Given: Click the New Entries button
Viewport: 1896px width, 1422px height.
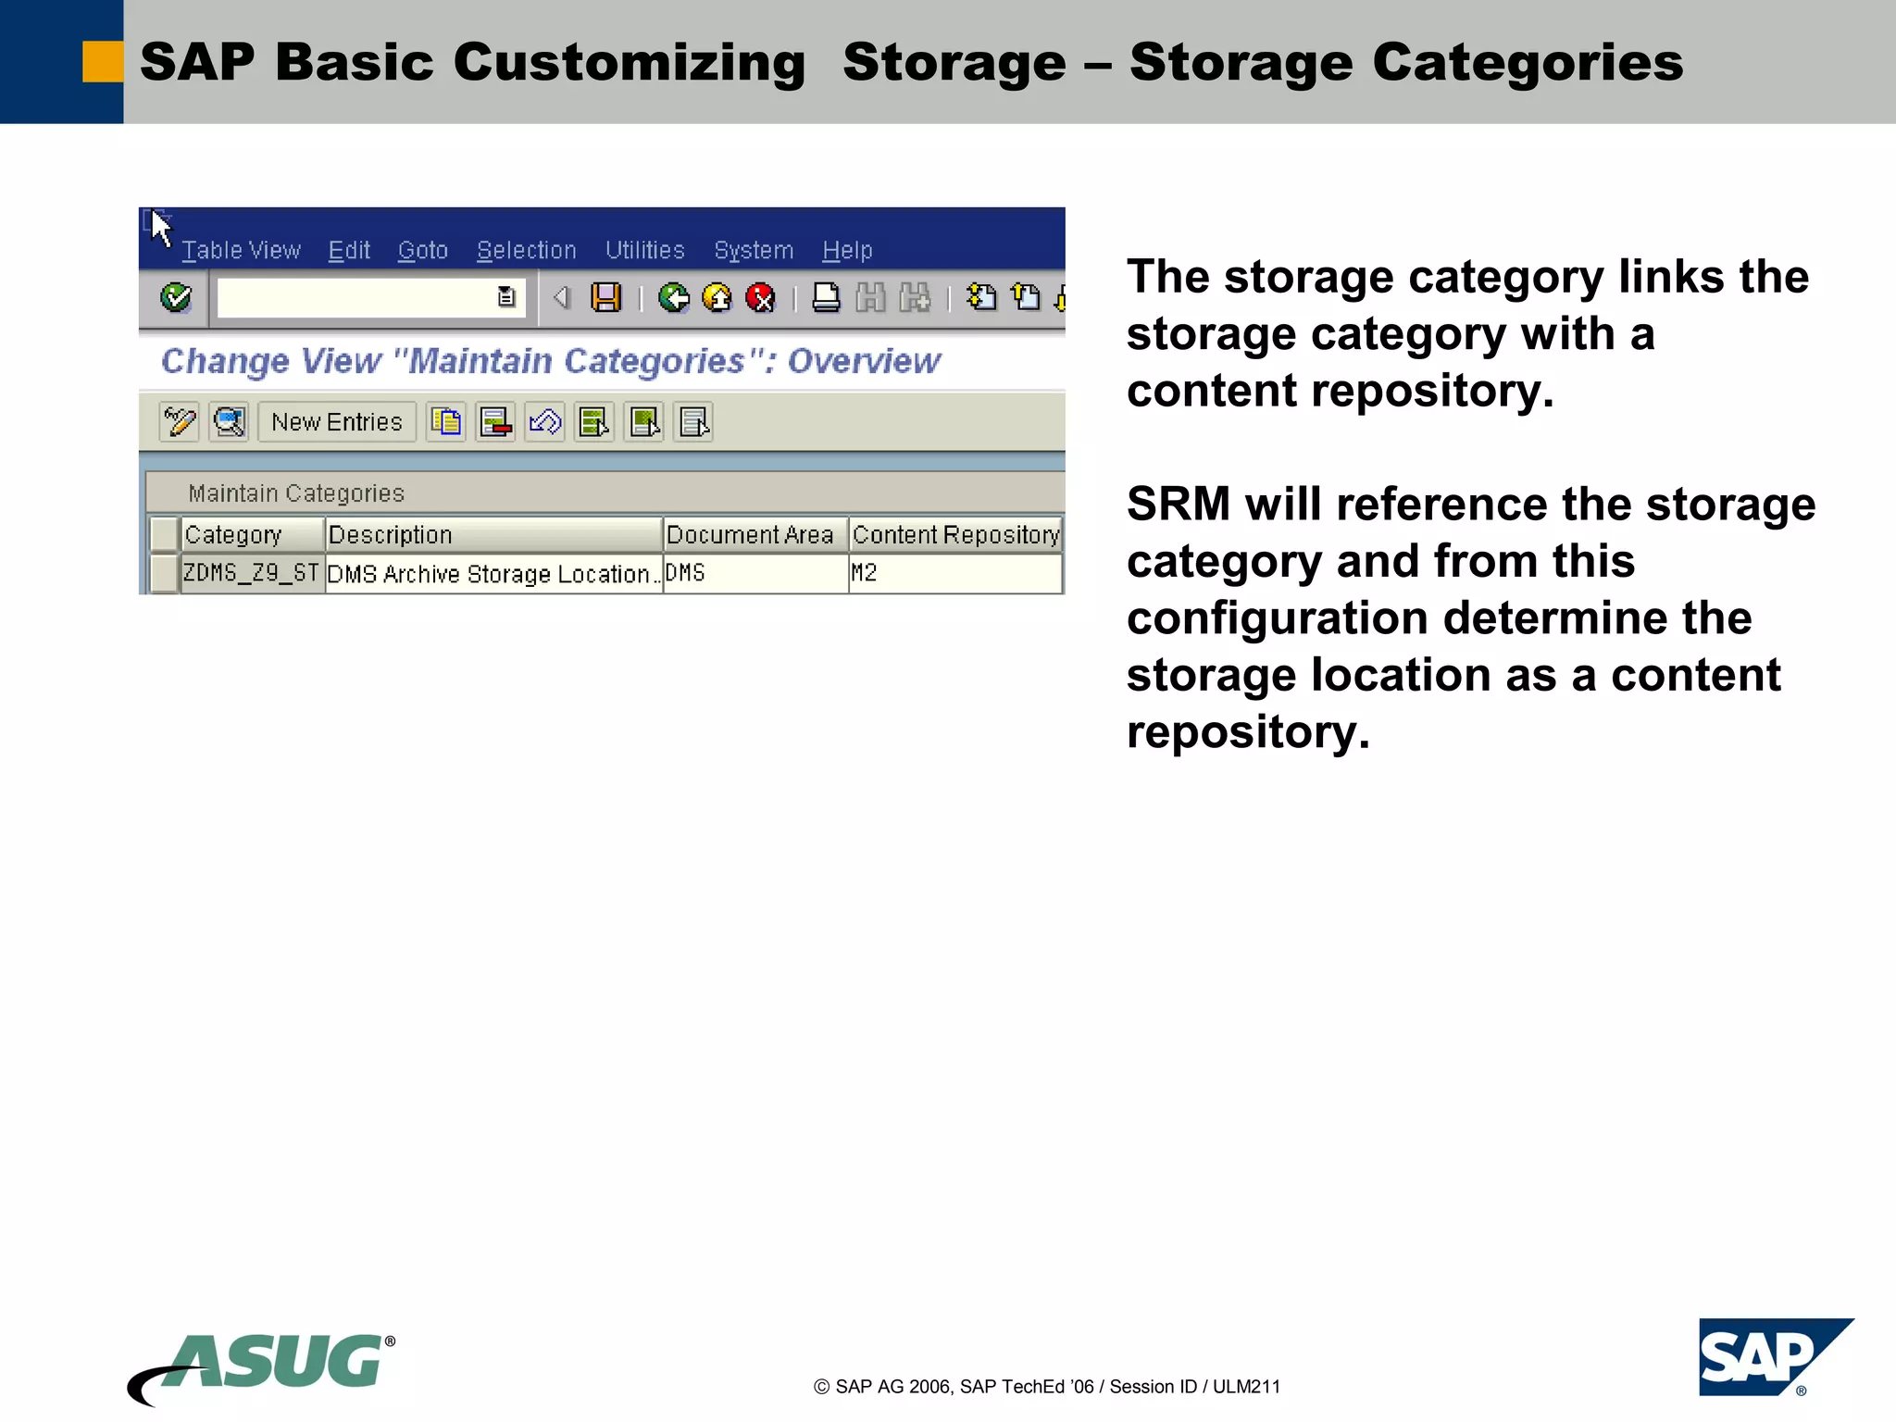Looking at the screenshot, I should [337, 422].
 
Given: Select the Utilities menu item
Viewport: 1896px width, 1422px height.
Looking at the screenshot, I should [644, 250].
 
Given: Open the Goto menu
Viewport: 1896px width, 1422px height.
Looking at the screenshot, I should [422, 250].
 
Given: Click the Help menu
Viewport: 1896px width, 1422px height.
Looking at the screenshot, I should [847, 250].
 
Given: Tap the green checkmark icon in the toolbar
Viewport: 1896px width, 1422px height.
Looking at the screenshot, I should [176, 297].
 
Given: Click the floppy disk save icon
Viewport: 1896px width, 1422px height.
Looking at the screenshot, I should [606, 297].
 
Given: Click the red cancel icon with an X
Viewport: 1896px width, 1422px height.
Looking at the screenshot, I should [760, 297].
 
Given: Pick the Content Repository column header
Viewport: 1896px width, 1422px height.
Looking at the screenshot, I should [955, 534].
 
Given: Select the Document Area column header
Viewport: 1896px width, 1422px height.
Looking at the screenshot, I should [750, 534].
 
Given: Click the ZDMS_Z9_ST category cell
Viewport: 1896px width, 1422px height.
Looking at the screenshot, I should [251, 573].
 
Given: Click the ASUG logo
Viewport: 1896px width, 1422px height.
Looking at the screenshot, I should [264, 1366].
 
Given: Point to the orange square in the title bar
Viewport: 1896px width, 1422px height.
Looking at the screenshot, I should [103, 62].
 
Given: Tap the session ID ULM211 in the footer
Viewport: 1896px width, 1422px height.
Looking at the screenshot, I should [1246, 1387].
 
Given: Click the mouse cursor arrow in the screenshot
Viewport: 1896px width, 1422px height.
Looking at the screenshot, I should [160, 226].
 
